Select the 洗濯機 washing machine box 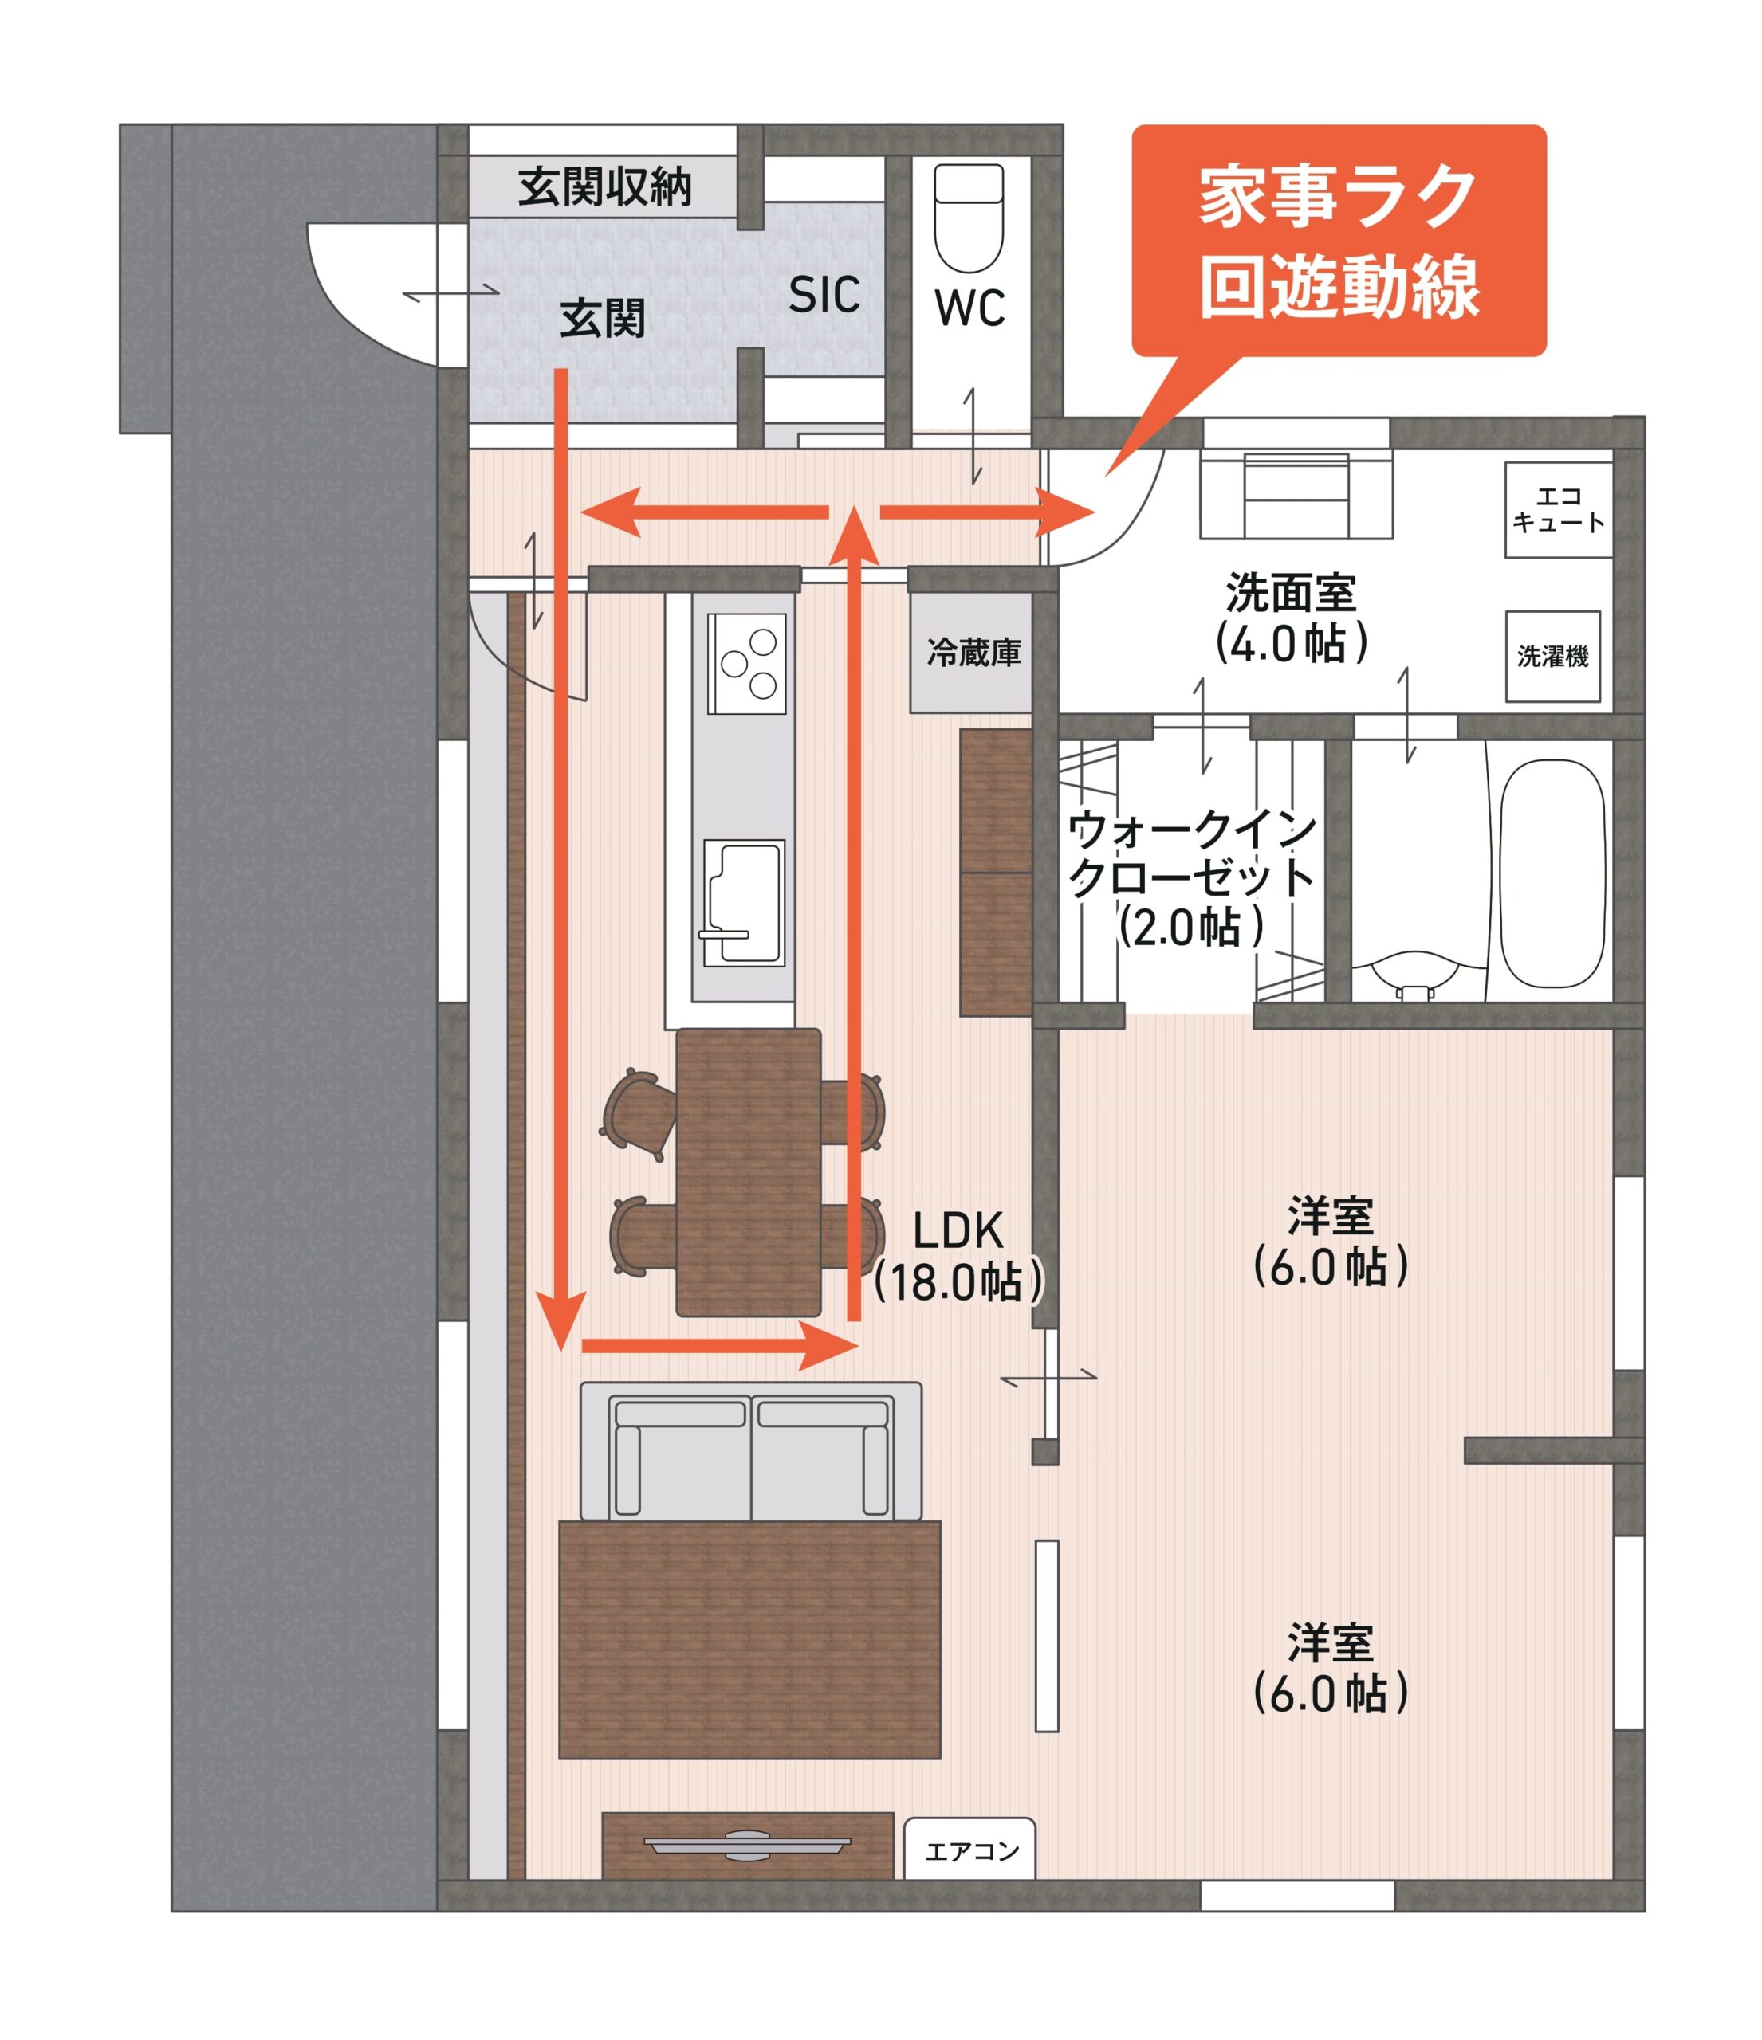[1552, 656]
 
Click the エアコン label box [969, 1852]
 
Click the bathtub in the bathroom [1552, 873]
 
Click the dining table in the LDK [749, 1171]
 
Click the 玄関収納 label [604, 187]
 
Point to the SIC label [824, 293]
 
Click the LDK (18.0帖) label [958, 1257]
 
